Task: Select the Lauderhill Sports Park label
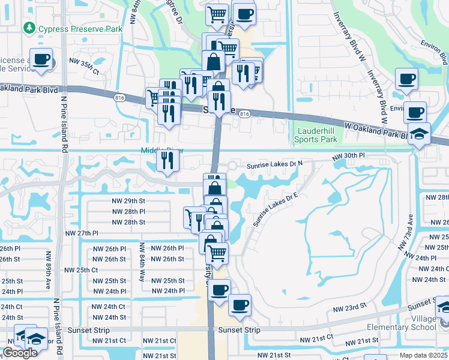click(x=316, y=135)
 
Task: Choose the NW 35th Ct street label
click(x=84, y=62)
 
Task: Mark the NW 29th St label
click(x=129, y=200)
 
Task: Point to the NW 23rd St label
click(x=350, y=307)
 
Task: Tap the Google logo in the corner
click(x=20, y=353)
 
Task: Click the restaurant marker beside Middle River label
click(x=167, y=160)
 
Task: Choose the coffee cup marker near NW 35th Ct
click(x=41, y=60)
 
